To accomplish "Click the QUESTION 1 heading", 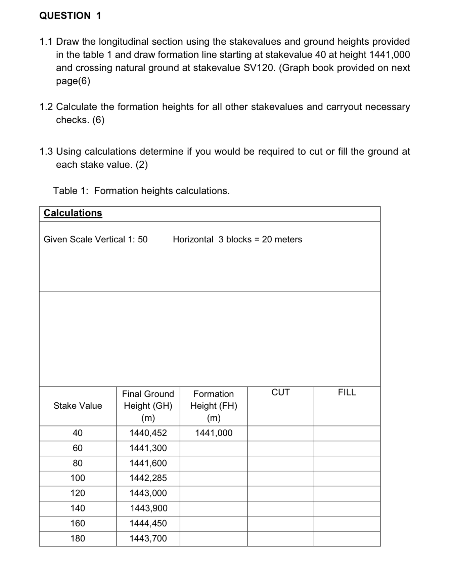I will [70, 15].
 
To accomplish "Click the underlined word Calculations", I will [73, 213].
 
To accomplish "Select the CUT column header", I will [280, 392].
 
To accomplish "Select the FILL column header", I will [347, 392].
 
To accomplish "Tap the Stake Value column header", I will [78, 406].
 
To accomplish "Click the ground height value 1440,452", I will [148, 433].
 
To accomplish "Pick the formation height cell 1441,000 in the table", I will [214, 433].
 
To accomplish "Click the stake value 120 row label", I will [78, 493].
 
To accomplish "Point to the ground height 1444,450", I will [148, 523].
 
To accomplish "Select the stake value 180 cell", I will [78, 538].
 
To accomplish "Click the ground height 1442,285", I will [148, 478].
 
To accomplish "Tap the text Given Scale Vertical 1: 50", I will [96, 239].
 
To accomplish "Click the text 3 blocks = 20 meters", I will [260, 239].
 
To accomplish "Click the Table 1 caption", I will [141, 191].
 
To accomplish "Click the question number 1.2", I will [46, 107].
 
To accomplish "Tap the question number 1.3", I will [46, 151].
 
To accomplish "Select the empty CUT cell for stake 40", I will [280, 433].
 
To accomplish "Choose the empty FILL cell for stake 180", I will [347, 539].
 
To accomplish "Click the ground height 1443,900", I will [148, 508].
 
